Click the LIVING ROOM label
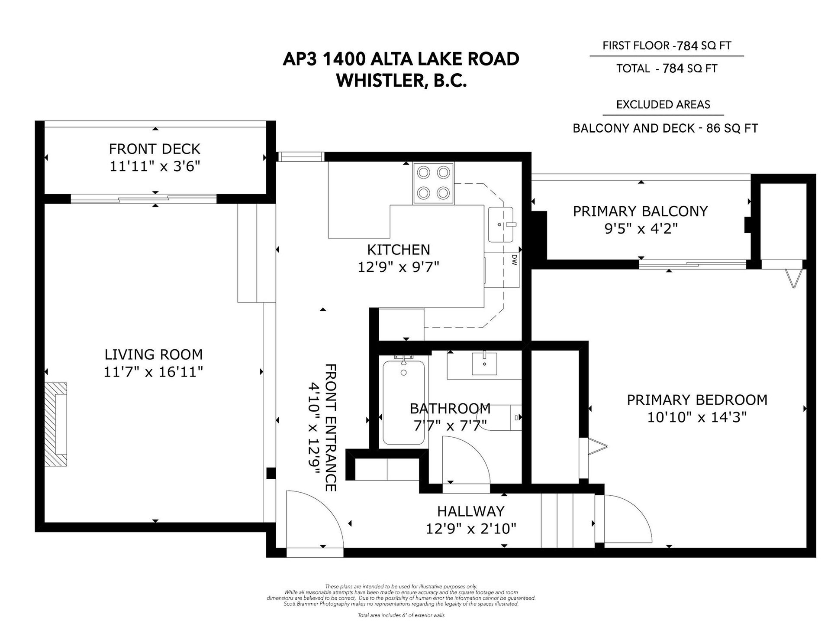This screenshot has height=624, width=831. tap(154, 354)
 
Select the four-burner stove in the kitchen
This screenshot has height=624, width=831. tap(433, 183)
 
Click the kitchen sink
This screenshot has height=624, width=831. tap(501, 224)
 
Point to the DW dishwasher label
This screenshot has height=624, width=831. tap(514, 260)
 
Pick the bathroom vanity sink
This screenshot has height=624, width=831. tap(484, 363)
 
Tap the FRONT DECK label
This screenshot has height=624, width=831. tap(155, 149)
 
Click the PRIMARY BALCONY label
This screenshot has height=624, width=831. tap(640, 211)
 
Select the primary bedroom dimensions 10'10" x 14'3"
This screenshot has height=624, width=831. tap(697, 417)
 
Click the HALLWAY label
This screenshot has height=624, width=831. tap(471, 511)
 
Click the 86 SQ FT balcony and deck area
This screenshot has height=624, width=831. tap(732, 128)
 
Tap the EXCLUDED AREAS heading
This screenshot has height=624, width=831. tap(663, 104)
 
